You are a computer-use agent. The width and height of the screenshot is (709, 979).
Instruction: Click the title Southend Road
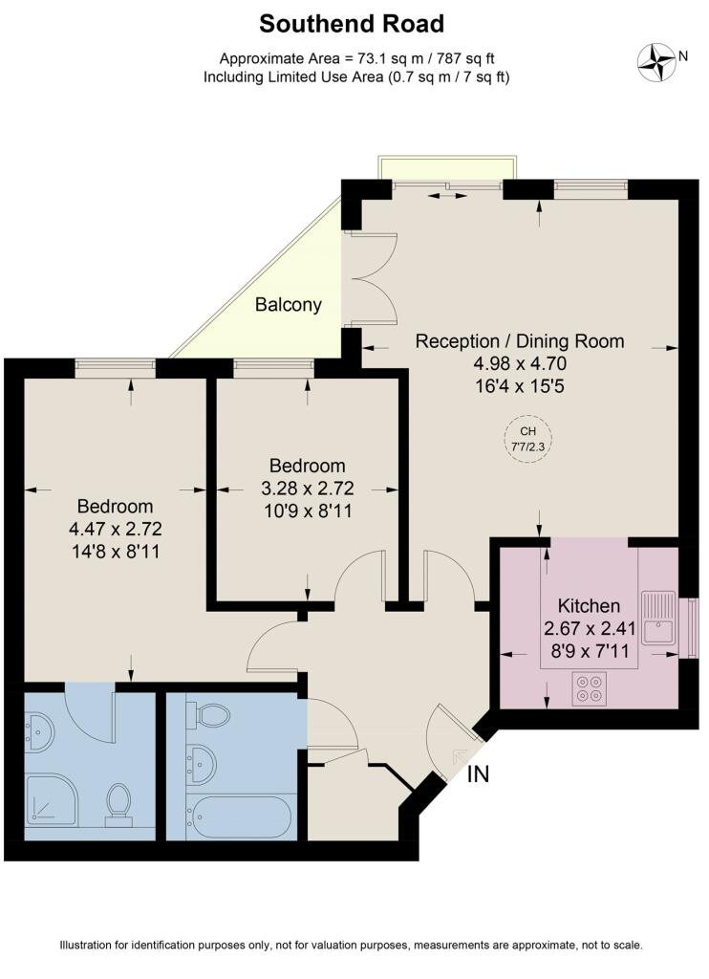pyautogui.click(x=353, y=23)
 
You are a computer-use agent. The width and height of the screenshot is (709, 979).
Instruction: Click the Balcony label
pyautogui.click(x=288, y=306)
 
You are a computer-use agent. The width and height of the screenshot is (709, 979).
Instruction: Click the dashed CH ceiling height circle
pyautogui.click(x=522, y=438)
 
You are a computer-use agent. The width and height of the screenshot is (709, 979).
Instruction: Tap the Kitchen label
pyautogui.click(x=589, y=606)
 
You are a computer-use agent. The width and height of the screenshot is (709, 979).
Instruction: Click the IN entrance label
pyautogui.click(x=478, y=774)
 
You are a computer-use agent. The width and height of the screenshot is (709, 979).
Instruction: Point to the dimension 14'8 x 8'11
pyautogui.click(x=115, y=551)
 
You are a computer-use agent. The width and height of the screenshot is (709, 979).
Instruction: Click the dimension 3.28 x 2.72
pyautogui.click(x=307, y=489)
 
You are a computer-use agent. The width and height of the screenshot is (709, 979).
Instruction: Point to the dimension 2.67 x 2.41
pyautogui.click(x=589, y=628)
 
